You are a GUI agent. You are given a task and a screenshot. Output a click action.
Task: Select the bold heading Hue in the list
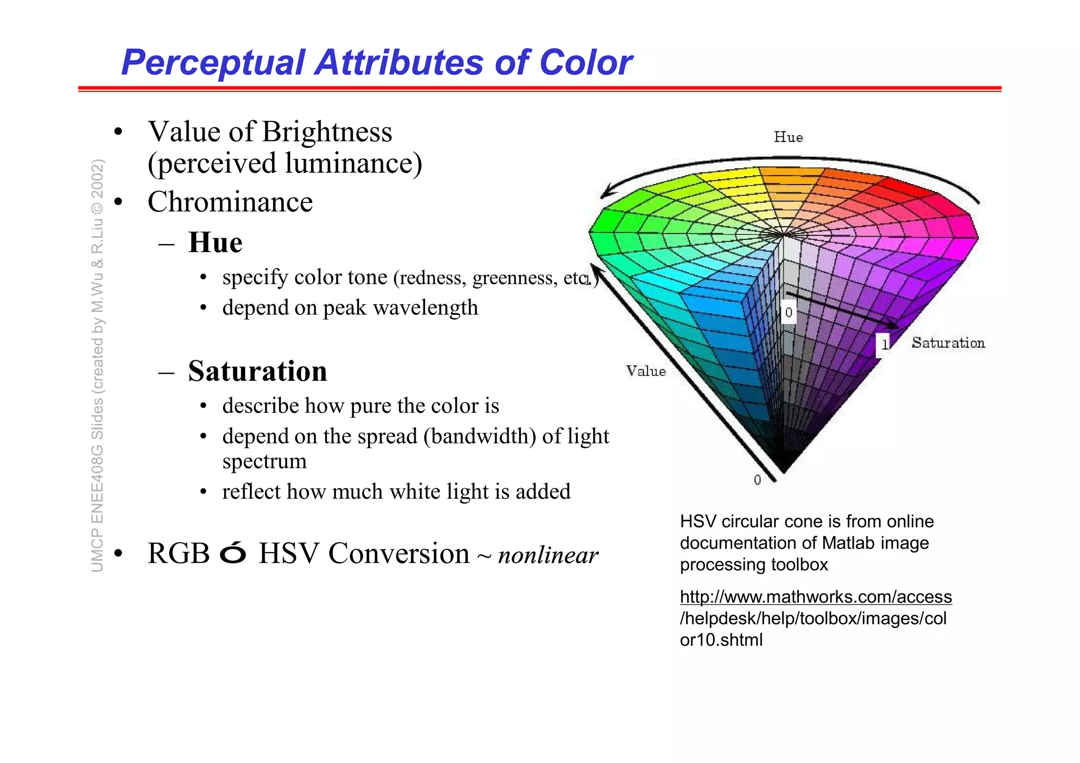215,243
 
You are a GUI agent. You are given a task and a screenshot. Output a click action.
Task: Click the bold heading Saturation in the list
257,371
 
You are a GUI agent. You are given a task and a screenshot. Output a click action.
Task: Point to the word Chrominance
230,202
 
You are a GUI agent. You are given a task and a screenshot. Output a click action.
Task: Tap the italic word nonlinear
548,555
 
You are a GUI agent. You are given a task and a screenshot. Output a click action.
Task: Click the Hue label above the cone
788,137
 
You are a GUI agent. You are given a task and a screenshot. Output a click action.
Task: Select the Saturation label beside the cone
948,343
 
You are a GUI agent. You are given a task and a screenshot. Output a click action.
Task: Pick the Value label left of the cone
646,371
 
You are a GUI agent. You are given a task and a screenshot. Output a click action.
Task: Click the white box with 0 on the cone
788,312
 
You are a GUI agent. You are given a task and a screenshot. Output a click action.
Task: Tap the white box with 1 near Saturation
884,344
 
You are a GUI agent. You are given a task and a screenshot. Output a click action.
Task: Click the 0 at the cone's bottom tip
757,480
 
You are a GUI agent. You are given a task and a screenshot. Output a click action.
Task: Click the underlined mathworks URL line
815,596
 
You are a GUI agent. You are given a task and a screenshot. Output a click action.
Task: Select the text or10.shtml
721,640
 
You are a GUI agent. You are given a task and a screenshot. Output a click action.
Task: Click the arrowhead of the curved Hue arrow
606,194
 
